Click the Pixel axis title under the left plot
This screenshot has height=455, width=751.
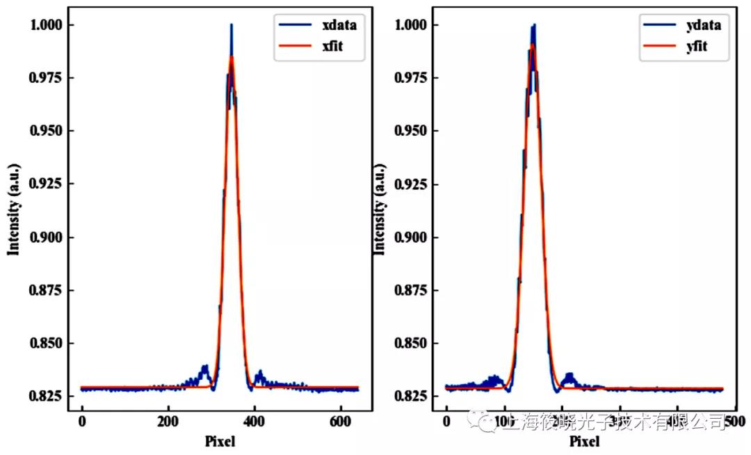point(220,441)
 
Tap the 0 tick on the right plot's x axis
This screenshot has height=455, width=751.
point(446,421)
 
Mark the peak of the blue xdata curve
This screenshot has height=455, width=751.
point(231,25)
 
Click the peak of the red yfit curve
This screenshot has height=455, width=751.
point(532,45)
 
